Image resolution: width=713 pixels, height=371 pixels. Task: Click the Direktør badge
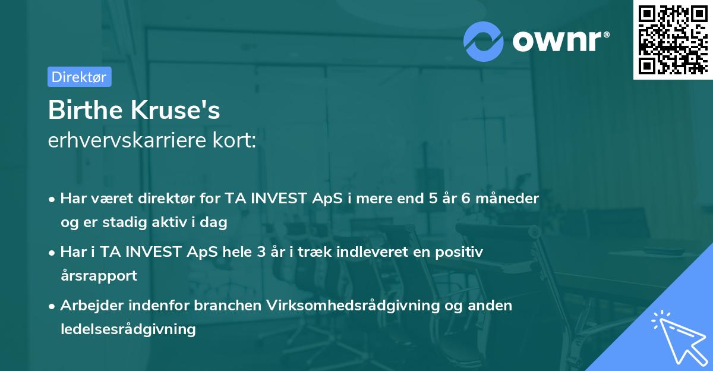coord(79,77)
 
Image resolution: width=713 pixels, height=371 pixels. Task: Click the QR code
coord(672,39)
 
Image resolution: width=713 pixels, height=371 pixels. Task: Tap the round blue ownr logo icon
coord(483,41)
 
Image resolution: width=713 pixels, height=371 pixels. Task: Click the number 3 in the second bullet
coord(260,251)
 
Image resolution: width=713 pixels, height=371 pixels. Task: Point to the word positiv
coord(459,251)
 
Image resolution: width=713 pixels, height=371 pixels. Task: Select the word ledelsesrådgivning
coord(128,329)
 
